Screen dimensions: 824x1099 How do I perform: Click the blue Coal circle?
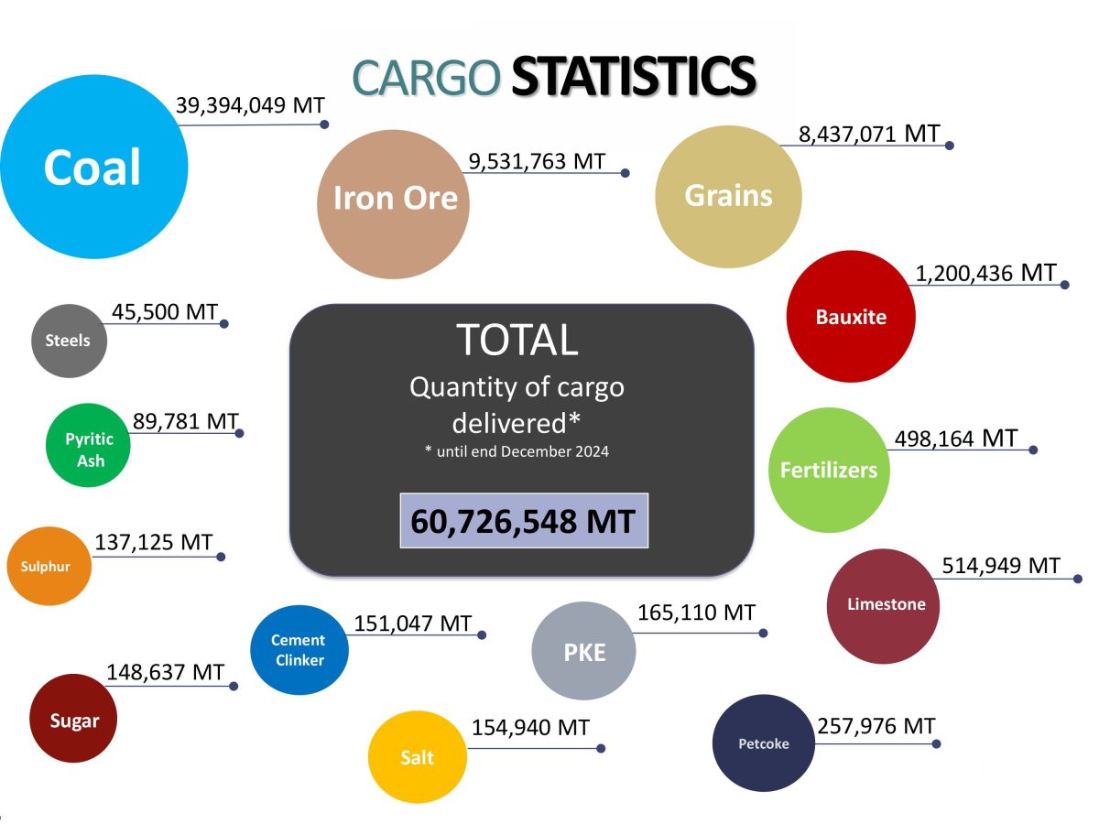[93, 167]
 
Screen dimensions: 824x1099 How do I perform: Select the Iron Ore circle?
[394, 203]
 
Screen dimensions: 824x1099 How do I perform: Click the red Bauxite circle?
[851, 317]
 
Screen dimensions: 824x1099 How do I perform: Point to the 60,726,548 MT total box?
[523, 521]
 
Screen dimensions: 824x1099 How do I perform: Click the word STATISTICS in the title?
[633, 76]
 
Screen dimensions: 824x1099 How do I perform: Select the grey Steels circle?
[69, 341]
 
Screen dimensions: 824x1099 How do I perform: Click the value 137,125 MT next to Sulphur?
[153, 542]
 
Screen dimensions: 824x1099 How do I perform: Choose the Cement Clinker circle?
[299, 650]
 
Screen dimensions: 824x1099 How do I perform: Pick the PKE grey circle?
[583, 652]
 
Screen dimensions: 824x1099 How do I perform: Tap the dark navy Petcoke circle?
[763, 743]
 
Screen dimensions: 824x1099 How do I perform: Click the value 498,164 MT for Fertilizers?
[954, 439]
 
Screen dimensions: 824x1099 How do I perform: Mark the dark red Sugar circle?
[75, 720]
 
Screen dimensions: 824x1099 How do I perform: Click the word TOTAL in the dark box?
[518, 340]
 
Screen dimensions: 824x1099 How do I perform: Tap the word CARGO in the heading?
[427, 78]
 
